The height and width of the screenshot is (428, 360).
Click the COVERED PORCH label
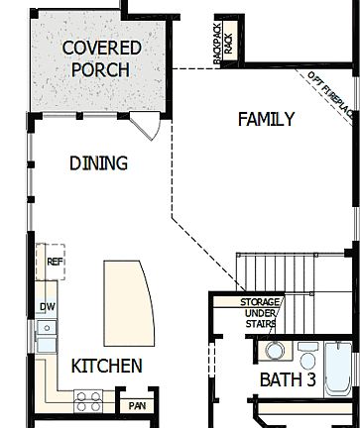(101, 58)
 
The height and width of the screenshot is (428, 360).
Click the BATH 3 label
(288, 379)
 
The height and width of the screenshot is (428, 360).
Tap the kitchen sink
(47, 335)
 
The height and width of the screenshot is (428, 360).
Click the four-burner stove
(88, 400)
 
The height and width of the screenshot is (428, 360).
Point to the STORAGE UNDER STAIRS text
(260, 314)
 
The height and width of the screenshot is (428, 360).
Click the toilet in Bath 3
(273, 351)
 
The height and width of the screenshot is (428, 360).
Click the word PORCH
(101, 69)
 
